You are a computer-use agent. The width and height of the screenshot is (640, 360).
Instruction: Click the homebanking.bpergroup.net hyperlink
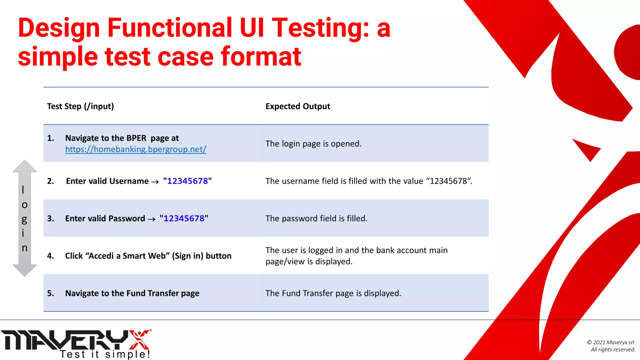click(136, 149)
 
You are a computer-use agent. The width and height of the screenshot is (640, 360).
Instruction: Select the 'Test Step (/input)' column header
click(80, 106)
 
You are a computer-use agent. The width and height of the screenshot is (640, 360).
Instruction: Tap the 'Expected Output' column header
click(297, 106)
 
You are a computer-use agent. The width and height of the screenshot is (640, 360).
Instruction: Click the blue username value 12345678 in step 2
click(187, 181)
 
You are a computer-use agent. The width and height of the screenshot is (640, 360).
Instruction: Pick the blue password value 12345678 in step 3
click(184, 218)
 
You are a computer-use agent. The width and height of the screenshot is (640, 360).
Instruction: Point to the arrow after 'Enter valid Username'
click(155, 182)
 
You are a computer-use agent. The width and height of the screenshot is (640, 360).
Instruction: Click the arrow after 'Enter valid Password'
click(152, 219)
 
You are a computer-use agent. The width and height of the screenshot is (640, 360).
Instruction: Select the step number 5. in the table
click(50, 293)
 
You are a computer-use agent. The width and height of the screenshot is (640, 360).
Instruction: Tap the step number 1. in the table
click(50, 138)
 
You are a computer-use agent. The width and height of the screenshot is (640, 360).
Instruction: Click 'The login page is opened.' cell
click(313, 144)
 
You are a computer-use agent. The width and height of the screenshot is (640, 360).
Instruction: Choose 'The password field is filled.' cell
click(316, 218)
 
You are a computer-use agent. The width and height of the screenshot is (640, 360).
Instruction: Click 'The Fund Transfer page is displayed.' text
click(333, 293)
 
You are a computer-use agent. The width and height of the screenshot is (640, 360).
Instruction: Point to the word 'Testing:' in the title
click(321, 28)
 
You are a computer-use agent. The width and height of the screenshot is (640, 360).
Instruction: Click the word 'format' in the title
click(261, 57)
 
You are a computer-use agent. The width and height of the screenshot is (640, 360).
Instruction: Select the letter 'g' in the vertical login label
click(24, 219)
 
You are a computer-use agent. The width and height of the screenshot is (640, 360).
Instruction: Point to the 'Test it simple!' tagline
click(105, 354)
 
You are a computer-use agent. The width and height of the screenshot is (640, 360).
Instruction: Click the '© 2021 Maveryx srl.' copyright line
click(611, 342)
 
